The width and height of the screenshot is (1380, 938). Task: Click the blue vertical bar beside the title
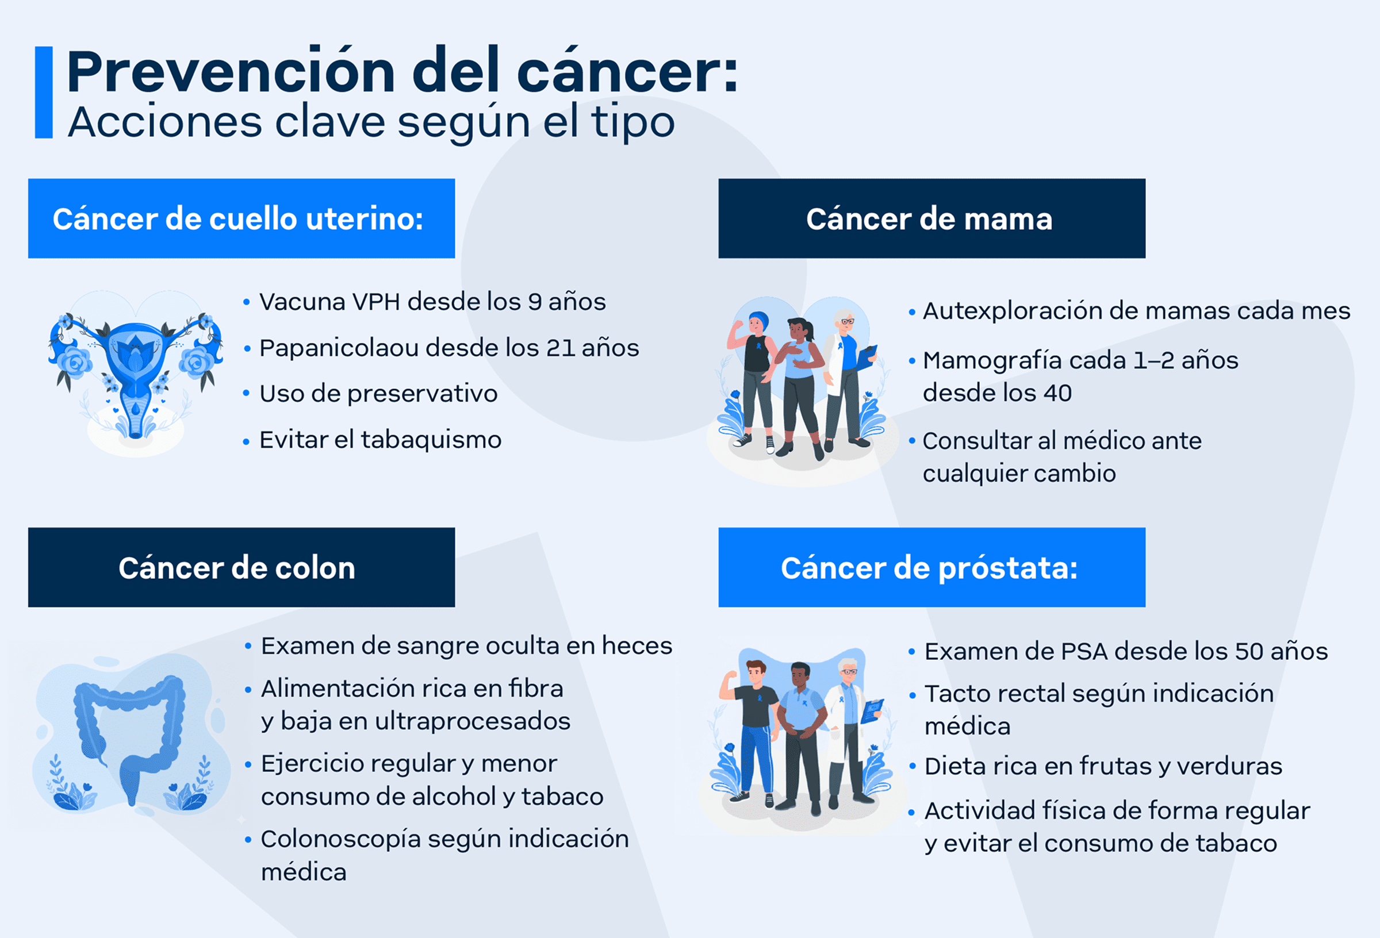[x=44, y=93]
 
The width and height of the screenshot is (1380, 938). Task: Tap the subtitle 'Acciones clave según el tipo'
[x=371, y=123]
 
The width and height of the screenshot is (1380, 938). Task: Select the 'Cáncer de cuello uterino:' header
[x=241, y=218]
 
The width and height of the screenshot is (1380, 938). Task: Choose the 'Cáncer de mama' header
[x=931, y=218]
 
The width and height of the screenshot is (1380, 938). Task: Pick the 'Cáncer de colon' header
[x=241, y=567]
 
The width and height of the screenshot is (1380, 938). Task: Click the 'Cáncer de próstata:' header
[x=931, y=567]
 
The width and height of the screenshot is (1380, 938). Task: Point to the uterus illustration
[x=135, y=373]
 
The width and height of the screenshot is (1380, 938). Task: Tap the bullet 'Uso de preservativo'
[x=378, y=394]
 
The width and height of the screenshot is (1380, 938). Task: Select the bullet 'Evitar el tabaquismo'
[x=380, y=440]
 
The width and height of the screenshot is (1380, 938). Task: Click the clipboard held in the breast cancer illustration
[x=867, y=357]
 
